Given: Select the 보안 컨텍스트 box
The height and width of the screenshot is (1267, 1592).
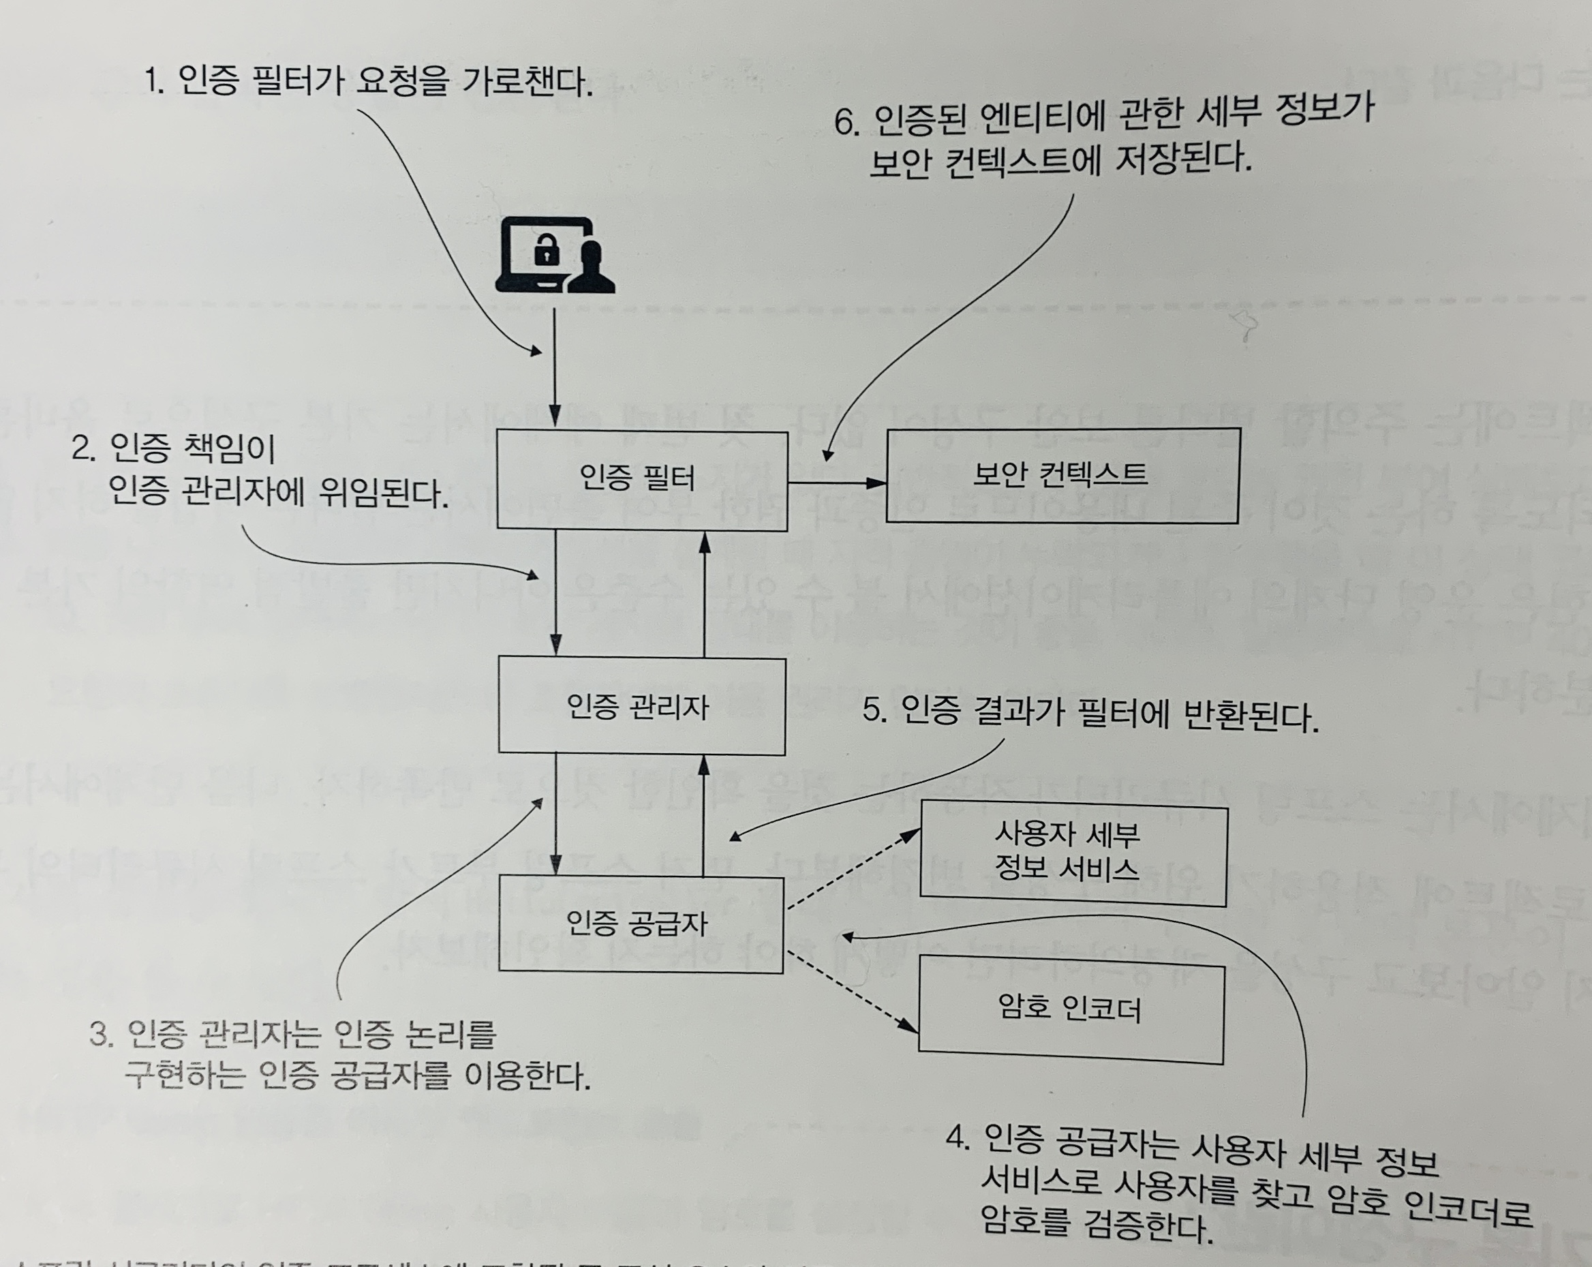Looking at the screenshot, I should click(x=1062, y=475).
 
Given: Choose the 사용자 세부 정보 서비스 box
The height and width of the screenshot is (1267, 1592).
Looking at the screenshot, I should click(x=1072, y=856).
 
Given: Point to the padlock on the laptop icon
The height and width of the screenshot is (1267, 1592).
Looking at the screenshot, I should click(x=547, y=251).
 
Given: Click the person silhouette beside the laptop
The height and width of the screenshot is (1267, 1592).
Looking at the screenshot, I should click(x=592, y=267).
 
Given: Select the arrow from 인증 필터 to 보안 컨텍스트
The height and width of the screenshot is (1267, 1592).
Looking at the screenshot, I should click(x=836, y=483).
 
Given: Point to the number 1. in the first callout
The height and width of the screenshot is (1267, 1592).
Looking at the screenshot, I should click(x=153, y=80).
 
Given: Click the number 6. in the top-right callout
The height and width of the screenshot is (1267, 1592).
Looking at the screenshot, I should click(x=846, y=123).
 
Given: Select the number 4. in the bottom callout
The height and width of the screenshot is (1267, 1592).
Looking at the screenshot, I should click(x=957, y=1138).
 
